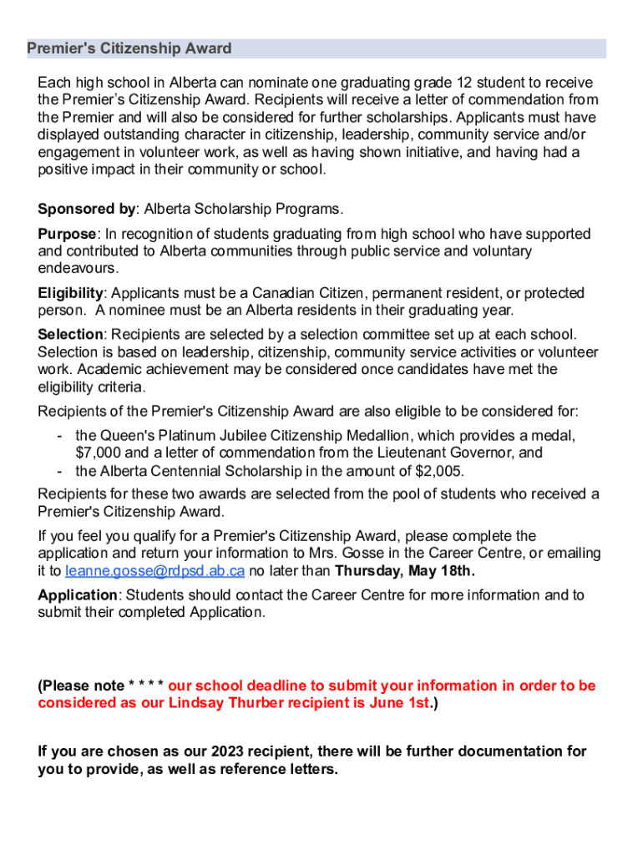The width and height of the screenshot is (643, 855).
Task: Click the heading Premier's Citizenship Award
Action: click(x=129, y=48)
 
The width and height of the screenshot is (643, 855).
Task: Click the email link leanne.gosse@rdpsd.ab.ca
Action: click(x=154, y=571)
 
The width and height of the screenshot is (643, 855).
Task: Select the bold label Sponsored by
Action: click(x=86, y=209)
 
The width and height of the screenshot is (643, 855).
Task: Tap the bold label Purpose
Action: click(x=68, y=234)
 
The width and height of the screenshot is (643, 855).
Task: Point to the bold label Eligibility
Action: click(x=71, y=293)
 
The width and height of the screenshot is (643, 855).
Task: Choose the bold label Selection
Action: click(x=69, y=335)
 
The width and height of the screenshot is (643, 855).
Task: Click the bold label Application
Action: click(x=78, y=595)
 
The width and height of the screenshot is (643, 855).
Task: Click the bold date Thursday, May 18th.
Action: click(x=404, y=571)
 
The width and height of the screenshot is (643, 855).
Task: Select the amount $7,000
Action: click(x=95, y=453)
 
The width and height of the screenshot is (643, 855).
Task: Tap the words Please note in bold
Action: click(x=83, y=686)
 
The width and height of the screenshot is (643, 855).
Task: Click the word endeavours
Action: click(x=78, y=269)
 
